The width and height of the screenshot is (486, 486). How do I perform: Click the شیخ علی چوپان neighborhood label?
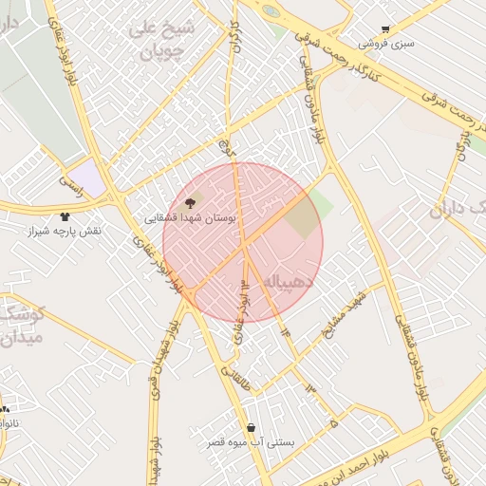tap(161, 40)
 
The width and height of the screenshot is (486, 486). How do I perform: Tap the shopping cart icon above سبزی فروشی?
tap(384, 30)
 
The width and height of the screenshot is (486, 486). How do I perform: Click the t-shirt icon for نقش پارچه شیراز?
tap(65, 217)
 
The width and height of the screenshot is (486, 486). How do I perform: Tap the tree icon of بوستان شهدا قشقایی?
tap(189, 202)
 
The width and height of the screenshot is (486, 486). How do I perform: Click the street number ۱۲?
tap(245, 284)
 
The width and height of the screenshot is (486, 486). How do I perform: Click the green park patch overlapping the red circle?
tap(306, 215)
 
